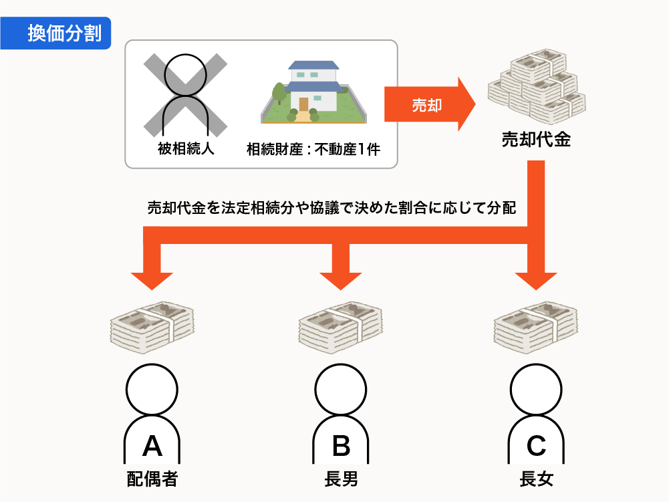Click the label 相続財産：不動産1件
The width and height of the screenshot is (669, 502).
pos(313,149)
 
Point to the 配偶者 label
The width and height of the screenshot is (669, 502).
pos(152,479)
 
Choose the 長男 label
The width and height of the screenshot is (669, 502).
pos(341,479)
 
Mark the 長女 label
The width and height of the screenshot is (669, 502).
pos(536,479)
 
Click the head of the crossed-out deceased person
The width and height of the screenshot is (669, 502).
pos(186,75)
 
